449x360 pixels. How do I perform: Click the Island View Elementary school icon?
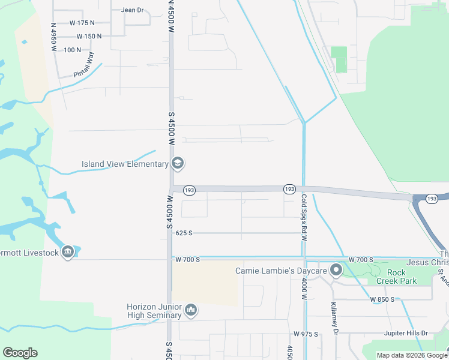178,163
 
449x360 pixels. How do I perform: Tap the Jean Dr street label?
133,10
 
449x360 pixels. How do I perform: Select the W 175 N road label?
82,23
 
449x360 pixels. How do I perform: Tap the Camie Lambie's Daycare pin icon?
336,271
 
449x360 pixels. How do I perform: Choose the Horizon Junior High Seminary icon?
191,310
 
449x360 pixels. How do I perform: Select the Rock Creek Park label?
396,277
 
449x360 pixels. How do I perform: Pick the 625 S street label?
184,233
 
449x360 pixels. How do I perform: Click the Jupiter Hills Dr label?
406,333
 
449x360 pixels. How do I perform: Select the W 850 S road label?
382,299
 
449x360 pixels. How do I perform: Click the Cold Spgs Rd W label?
304,209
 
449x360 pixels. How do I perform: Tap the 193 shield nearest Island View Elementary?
190,190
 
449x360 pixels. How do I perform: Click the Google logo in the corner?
20,353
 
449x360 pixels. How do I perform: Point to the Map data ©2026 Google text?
412,355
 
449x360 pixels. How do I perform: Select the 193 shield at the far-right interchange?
432,197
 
